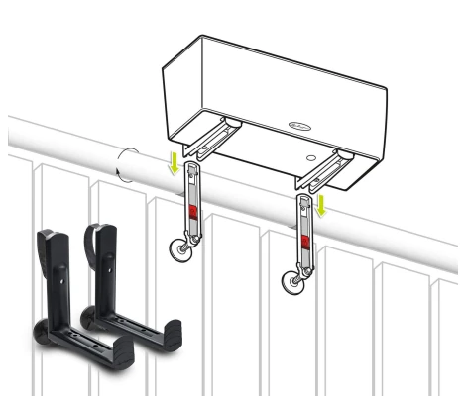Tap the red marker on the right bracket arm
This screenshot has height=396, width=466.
coord(305,242)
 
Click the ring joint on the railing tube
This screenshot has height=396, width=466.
coord(127,166)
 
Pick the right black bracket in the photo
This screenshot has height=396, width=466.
coord(119,297)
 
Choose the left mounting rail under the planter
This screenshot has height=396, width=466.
coord(214,140)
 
